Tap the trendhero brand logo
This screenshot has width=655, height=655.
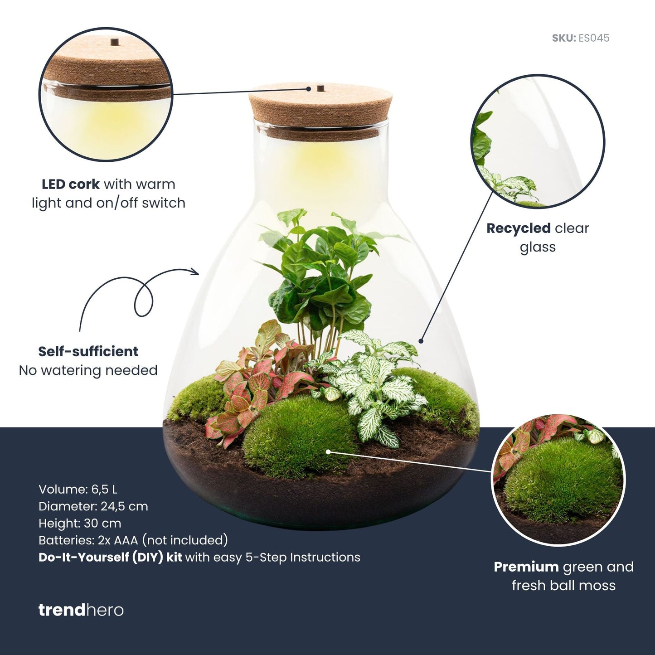[81, 610]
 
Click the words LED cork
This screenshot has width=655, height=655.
[70, 184]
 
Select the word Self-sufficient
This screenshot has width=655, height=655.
[88, 351]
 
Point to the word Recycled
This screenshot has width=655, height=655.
[518, 228]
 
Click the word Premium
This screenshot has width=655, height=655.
[526, 567]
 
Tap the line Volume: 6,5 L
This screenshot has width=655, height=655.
[78, 490]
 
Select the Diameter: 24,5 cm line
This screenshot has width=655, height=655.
[93, 506]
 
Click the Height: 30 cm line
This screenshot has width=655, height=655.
[80, 523]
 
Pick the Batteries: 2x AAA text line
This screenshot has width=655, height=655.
[133, 540]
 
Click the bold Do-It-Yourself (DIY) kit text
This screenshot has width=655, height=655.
[110, 557]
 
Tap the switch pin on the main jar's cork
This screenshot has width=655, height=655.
[320, 87]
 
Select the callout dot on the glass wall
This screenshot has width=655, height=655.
[421, 341]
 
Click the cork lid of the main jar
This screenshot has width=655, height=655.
[320, 109]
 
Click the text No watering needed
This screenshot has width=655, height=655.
[88, 370]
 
